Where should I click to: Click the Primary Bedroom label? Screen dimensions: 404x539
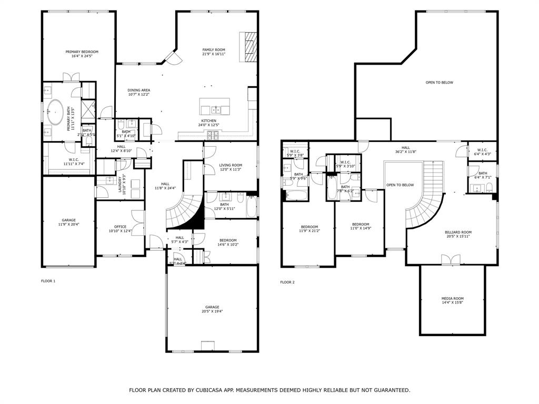tap(82, 52)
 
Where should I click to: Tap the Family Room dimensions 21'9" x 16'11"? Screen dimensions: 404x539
tap(214, 54)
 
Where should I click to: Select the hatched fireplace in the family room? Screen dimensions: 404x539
tap(248, 47)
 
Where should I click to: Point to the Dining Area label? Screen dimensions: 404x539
tap(138, 90)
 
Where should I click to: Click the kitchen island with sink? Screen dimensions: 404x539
tap(215, 107)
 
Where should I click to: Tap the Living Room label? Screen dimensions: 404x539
tap(231, 165)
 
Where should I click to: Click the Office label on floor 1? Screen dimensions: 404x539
tap(120, 227)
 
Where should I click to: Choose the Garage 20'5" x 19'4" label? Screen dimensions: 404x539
tap(212, 307)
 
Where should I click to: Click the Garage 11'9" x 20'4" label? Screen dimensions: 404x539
tap(68, 220)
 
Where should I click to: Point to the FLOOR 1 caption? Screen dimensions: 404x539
tap(48, 281)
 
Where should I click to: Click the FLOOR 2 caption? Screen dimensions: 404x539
tap(287, 282)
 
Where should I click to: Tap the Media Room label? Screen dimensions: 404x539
tap(452, 298)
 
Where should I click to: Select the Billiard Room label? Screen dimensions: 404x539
tap(458, 232)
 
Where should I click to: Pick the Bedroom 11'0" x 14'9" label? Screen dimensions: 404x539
tap(361, 224)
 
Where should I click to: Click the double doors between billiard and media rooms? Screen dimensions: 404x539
tap(452, 260)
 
